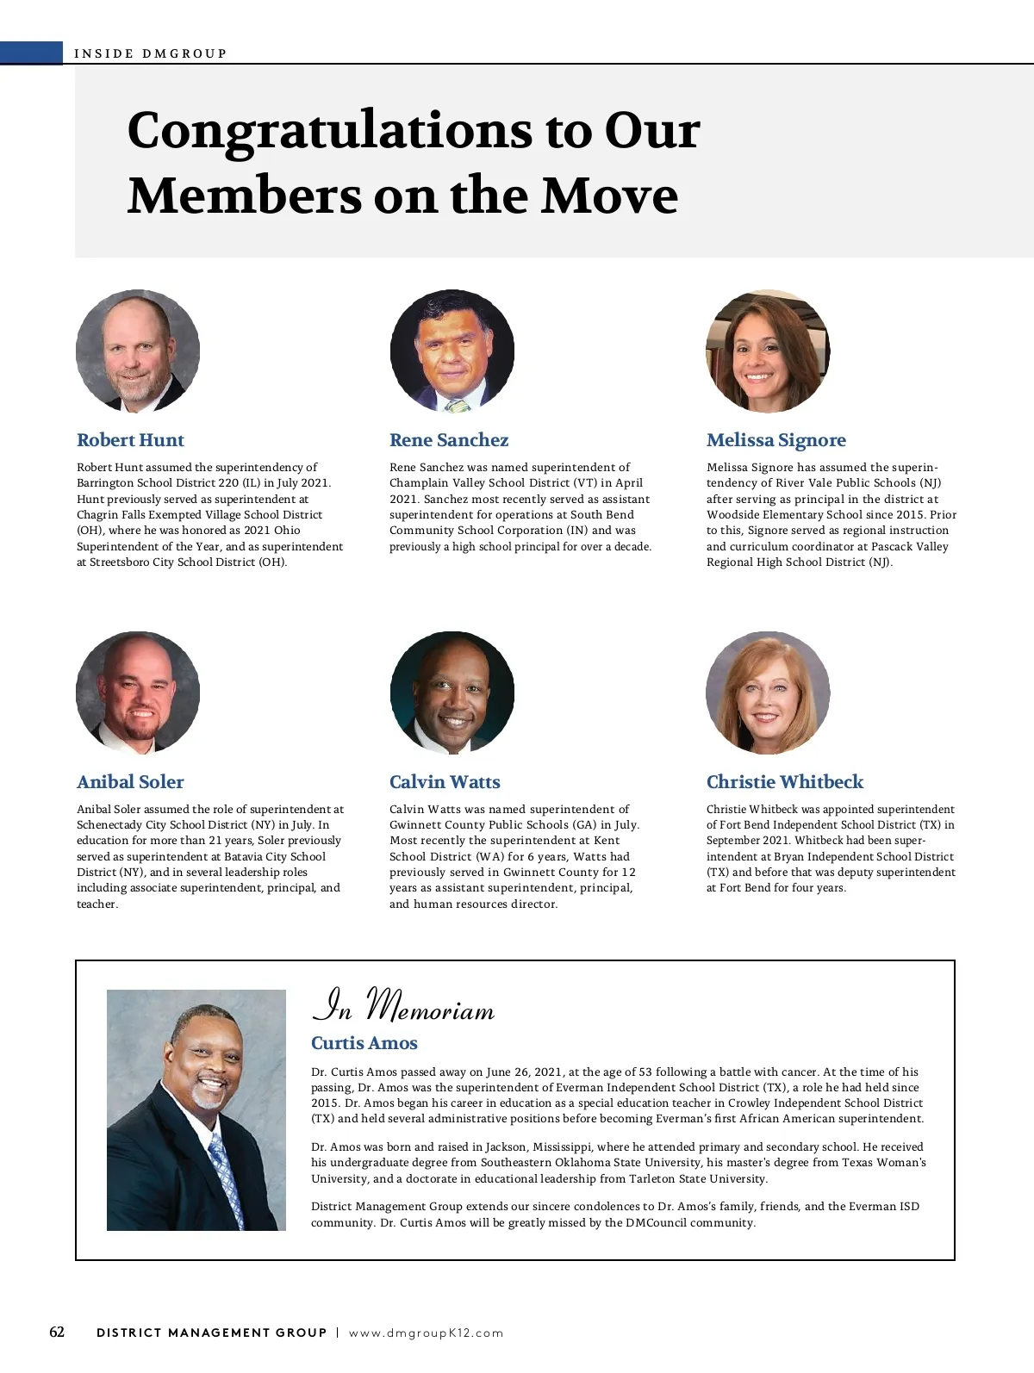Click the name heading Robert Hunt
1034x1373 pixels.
pos(130,440)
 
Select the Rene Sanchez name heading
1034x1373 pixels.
pos(449,440)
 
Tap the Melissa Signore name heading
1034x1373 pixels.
pos(775,440)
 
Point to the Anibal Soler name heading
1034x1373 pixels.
pos(130,782)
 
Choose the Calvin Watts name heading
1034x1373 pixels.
pos(445,782)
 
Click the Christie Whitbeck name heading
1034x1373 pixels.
pos(784,782)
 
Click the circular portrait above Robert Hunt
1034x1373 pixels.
pos(138,351)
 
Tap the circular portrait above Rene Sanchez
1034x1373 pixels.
pos(452,351)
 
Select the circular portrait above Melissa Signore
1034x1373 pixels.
pos(768,351)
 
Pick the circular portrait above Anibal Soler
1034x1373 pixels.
pos(138,693)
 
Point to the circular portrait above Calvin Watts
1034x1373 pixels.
pos(452,693)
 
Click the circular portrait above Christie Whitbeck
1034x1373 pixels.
pos(768,693)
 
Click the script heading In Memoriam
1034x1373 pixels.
pos(403,1006)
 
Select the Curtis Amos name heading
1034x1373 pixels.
pos(364,1043)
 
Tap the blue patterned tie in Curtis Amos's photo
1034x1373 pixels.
pos(226,1171)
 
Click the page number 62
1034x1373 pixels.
pos(57,1332)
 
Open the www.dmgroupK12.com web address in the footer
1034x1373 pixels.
pos(426,1333)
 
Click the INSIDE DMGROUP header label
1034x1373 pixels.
pos(151,53)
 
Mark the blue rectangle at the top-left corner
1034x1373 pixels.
pos(32,53)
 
